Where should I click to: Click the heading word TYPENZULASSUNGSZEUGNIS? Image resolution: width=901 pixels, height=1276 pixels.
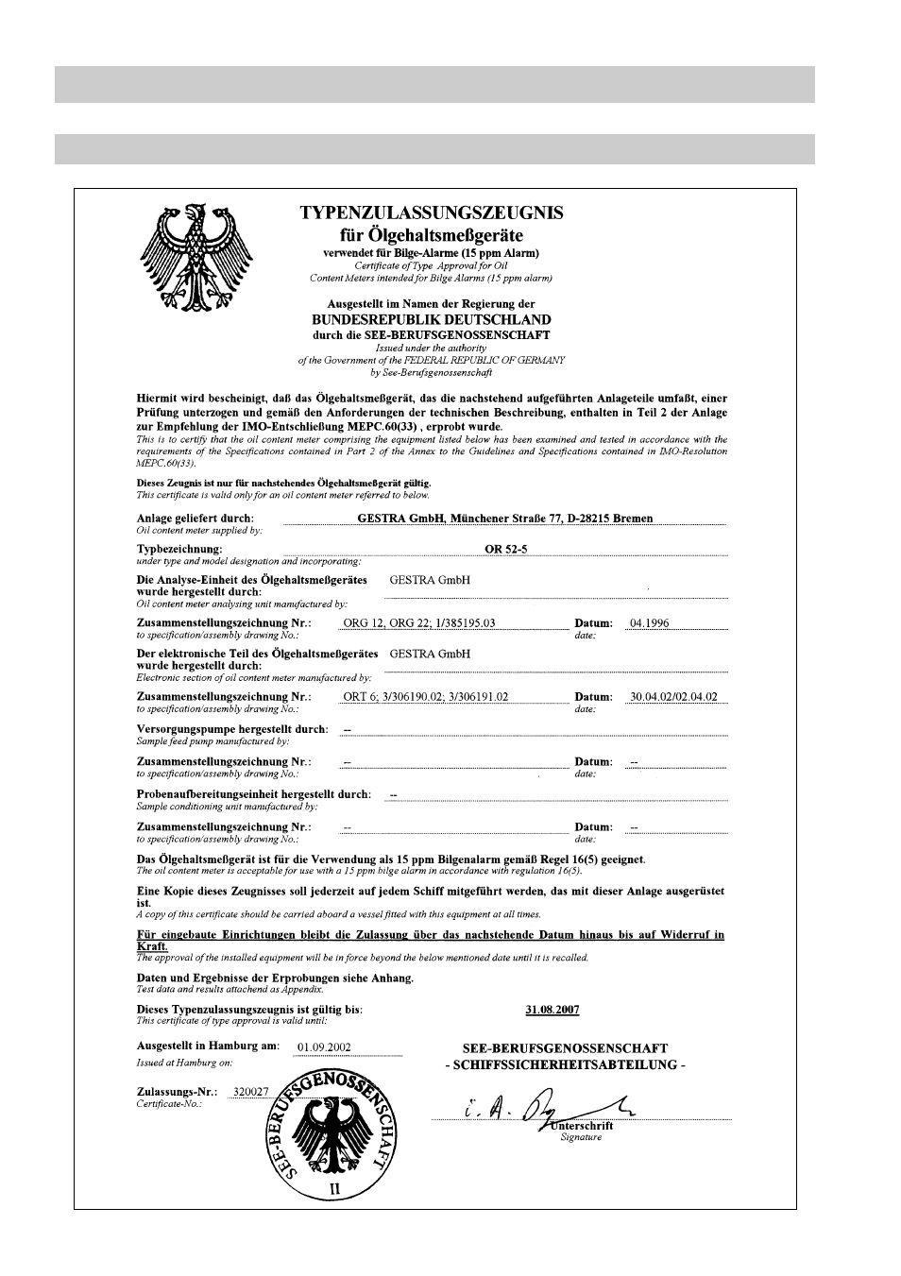(x=432, y=213)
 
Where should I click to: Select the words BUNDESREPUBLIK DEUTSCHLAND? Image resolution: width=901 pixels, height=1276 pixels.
(x=431, y=320)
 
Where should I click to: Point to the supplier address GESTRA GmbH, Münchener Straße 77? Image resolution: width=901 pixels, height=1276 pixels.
(x=505, y=518)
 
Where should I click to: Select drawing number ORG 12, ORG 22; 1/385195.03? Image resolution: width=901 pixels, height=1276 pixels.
(x=419, y=623)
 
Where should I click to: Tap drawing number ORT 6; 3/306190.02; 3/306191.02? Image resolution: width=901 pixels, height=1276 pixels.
(x=426, y=697)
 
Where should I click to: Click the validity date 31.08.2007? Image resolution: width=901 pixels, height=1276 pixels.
(x=552, y=1010)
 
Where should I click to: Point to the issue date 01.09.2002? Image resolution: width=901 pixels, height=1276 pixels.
(x=324, y=1046)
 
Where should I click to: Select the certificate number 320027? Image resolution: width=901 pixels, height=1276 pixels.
(x=251, y=1092)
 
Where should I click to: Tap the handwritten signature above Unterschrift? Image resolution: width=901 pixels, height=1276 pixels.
(x=548, y=1108)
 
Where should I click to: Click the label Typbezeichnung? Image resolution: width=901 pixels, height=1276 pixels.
(x=179, y=548)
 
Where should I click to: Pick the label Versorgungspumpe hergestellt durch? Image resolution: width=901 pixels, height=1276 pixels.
(x=232, y=729)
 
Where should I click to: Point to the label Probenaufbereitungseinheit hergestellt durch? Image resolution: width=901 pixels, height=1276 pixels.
(x=254, y=794)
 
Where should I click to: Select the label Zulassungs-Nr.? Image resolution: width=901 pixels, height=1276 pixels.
(x=177, y=1092)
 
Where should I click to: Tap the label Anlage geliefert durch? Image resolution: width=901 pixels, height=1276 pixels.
(x=195, y=519)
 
